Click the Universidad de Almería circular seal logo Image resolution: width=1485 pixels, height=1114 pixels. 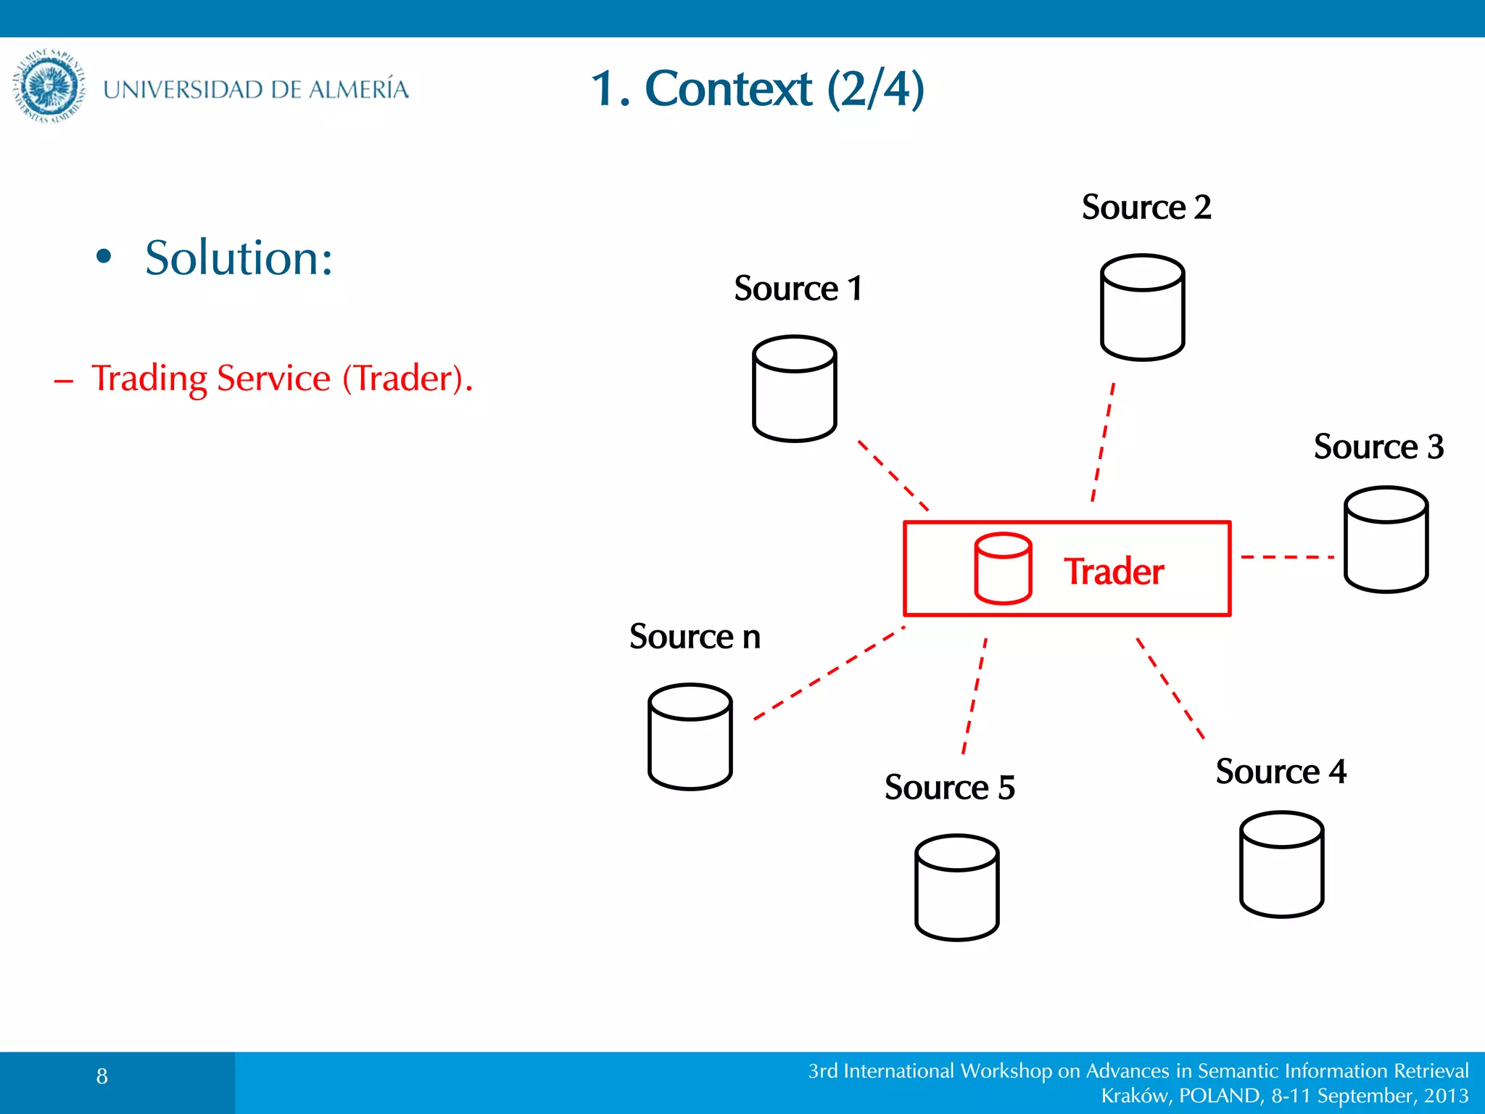pos(49,86)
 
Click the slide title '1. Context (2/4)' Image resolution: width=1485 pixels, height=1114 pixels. pos(757,88)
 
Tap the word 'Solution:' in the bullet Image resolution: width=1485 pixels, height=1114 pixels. pos(239,257)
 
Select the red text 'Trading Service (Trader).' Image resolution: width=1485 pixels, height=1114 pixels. pos(281,378)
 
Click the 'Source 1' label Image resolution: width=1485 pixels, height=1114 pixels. pos(798,288)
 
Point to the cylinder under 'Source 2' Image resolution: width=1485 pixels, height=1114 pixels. pos(1142,308)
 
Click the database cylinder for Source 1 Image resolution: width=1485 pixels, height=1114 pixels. pos(794,389)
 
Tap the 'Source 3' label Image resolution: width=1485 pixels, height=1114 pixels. pos(1378,446)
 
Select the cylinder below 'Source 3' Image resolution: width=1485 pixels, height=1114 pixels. pos(1386,540)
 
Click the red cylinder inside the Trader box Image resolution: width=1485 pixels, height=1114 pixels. pos(1003,569)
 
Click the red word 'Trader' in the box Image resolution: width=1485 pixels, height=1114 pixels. pos(1113,572)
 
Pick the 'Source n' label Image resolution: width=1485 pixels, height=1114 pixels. pos(695,636)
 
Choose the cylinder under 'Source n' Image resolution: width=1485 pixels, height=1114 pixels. pos(690,736)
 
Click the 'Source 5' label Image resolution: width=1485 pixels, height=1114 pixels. pos(949,787)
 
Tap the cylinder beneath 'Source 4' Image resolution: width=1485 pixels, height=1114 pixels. pos(1281,865)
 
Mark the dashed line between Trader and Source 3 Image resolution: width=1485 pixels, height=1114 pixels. pos(1287,557)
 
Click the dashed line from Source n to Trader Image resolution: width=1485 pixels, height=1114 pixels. pos(828,674)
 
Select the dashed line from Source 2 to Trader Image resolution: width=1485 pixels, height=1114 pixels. pos(1103,442)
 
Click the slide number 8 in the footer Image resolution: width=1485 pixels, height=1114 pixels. pos(102,1076)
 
